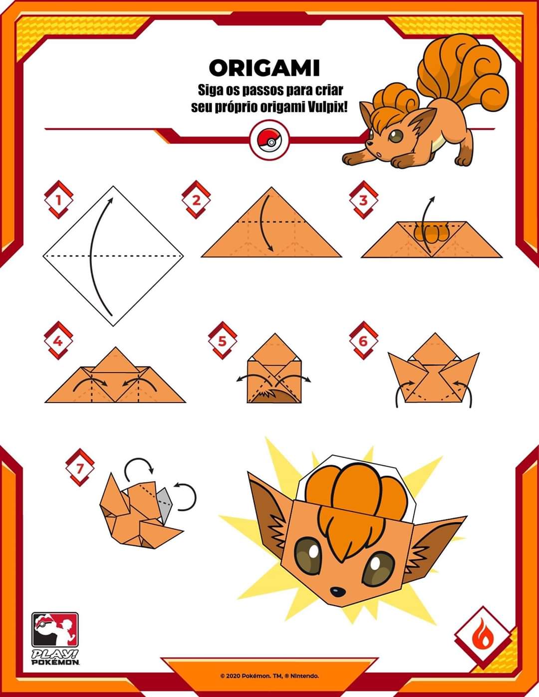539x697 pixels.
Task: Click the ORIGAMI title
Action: [265, 68]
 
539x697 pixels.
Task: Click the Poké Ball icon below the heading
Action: [269, 140]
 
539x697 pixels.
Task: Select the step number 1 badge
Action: [59, 200]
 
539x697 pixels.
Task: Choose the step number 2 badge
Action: [196, 200]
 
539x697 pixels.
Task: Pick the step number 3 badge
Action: [363, 200]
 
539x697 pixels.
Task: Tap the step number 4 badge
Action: [58, 340]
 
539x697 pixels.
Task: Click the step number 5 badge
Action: [223, 340]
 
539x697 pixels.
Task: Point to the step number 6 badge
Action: [363, 340]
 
